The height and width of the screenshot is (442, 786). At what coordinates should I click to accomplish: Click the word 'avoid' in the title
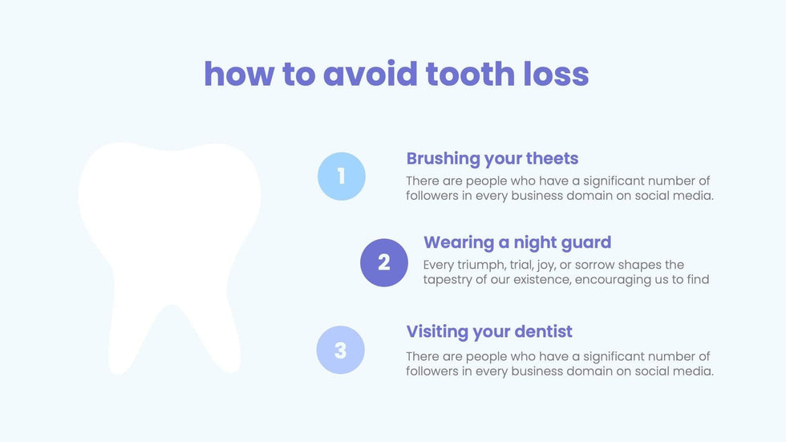click(370, 74)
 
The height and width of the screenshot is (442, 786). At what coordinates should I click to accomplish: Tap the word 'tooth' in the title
click(470, 74)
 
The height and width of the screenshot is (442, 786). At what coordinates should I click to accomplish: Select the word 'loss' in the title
click(556, 74)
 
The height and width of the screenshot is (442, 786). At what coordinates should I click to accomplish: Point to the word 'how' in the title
click(239, 74)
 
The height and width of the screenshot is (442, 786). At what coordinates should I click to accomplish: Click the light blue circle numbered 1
click(342, 176)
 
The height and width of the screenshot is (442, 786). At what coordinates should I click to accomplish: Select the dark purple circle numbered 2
click(384, 262)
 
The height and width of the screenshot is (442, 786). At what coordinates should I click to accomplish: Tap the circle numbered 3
click(340, 350)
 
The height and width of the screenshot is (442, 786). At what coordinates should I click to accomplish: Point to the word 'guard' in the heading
click(586, 243)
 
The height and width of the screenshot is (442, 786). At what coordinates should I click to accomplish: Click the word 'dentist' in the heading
click(544, 331)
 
